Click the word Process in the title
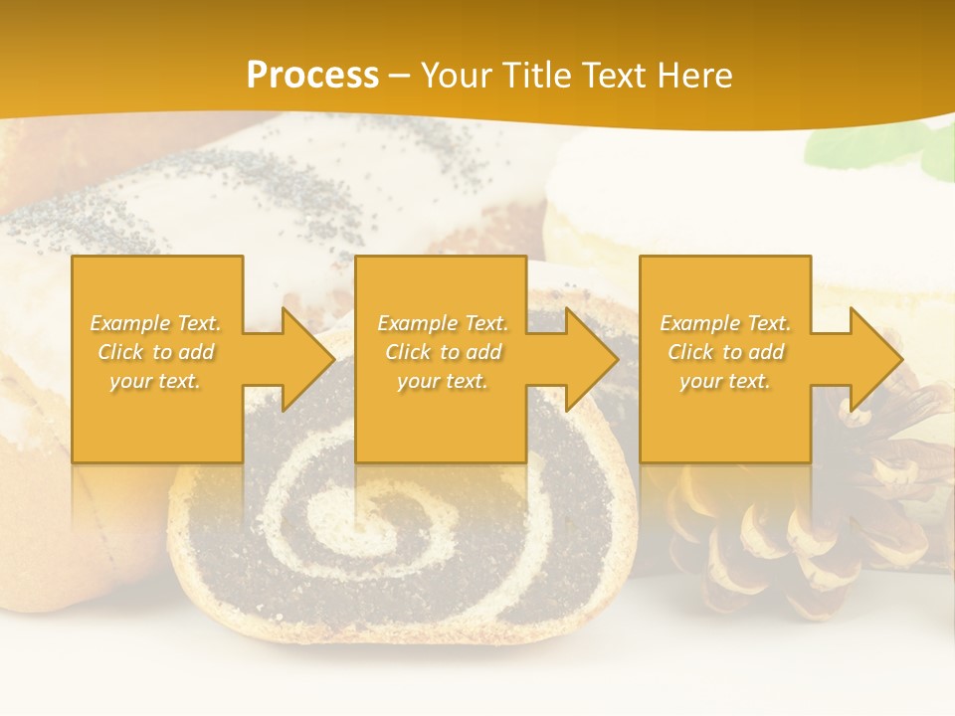(x=312, y=76)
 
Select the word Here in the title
(x=693, y=76)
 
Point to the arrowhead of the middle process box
(x=590, y=359)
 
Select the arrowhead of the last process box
(x=874, y=359)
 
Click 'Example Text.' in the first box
(x=156, y=323)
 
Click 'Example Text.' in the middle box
(x=443, y=323)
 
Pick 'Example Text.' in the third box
(x=725, y=323)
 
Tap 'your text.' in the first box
(x=155, y=381)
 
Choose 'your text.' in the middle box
(x=442, y=381)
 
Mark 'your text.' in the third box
(x=724, y=381)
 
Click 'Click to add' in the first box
(x=156, y=352)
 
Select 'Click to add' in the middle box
(x=443, y=352)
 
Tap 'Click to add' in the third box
(x=725, y=352)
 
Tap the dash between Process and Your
(x=399, y=77)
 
